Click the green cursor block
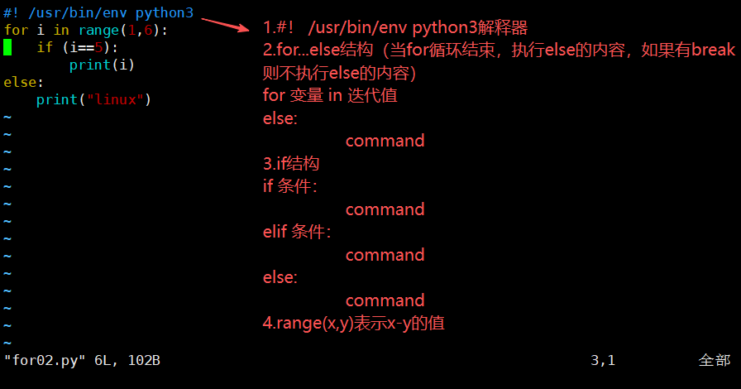tap(7, 47)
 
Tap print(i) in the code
tap(101, 65)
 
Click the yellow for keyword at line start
tap(16, 30)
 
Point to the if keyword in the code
tap(45, 47)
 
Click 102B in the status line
tap(144, 361)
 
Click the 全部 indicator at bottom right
tap(715, 361)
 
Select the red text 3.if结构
tap(291, 163)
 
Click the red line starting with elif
tap(297, 232)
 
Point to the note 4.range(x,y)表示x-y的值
tap(354, 323)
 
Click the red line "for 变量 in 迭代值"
tap(330, 95)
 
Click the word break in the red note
tap(713, 50)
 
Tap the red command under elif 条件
tap(385, 255)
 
